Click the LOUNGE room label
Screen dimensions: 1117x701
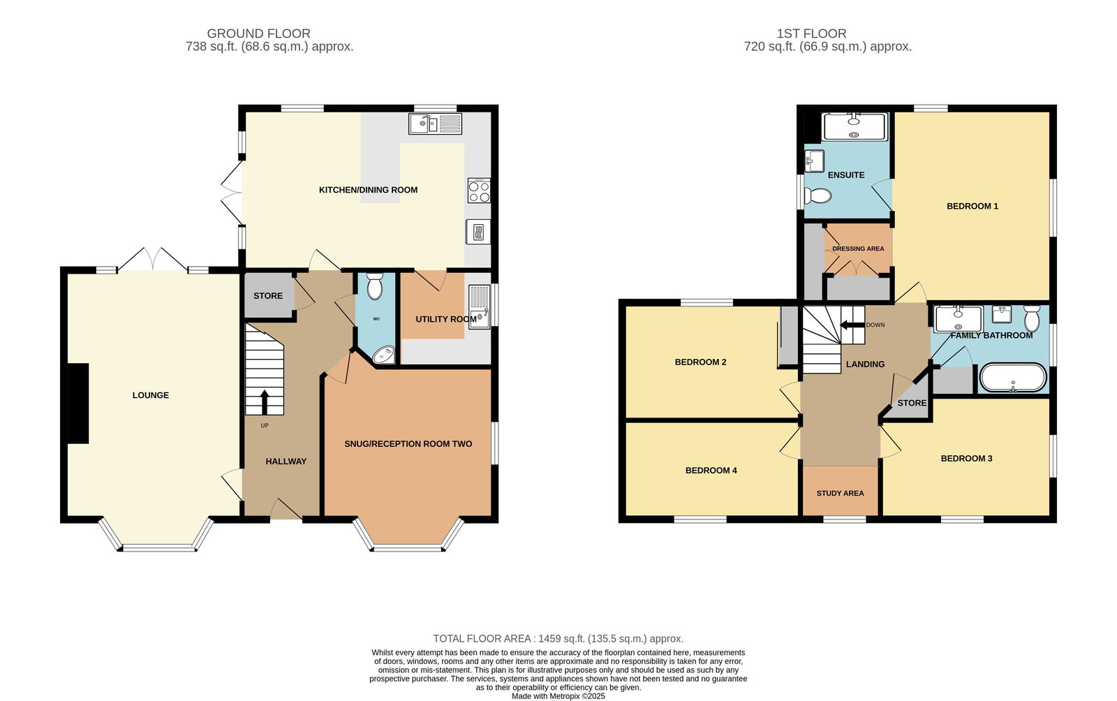coord(151,395)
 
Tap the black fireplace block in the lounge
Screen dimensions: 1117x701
coord(78,404)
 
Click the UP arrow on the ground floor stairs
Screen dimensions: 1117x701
coord(265,402)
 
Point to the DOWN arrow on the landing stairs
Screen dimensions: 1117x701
coord(852,325)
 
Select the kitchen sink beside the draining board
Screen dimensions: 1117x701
coord(423,124)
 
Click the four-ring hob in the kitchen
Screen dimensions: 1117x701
coord(479,191)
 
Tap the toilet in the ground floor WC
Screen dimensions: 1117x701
coord(374,286)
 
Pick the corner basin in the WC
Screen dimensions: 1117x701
coord(385,355)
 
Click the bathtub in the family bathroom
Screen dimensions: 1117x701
coord(1013,378)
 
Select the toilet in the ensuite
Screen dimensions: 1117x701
coord(818,196)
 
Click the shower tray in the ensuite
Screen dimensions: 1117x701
coord(855,126)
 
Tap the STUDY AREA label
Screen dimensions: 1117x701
coord(841,493)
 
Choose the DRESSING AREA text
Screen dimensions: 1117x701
coord(858,249)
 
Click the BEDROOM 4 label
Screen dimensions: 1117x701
coord(711,470)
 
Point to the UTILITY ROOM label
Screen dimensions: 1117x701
coord(446,319)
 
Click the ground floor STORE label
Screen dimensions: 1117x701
coord(268,295)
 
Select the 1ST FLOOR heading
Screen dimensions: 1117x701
coord(811,34)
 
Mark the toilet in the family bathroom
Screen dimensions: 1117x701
coord(1032,318)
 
